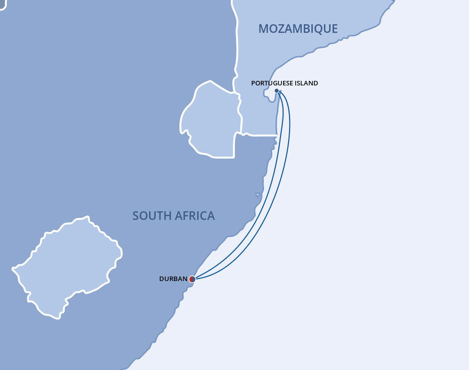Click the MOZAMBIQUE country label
[x=298, y=29]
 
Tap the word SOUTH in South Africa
[x=150, y=216]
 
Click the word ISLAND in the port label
[x=305, y=83]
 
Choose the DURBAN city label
[x=173, y=279]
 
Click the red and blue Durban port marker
[x=192, y=279]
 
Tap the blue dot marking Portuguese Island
[x=276, y=91]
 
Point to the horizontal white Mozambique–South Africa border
[x=258, y=134]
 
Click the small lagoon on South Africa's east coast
[x=258, y=195]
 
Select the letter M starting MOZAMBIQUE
[x=263, y=29]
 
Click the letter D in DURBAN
[x=161, y=279]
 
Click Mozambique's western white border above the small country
[x=236, y=45]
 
